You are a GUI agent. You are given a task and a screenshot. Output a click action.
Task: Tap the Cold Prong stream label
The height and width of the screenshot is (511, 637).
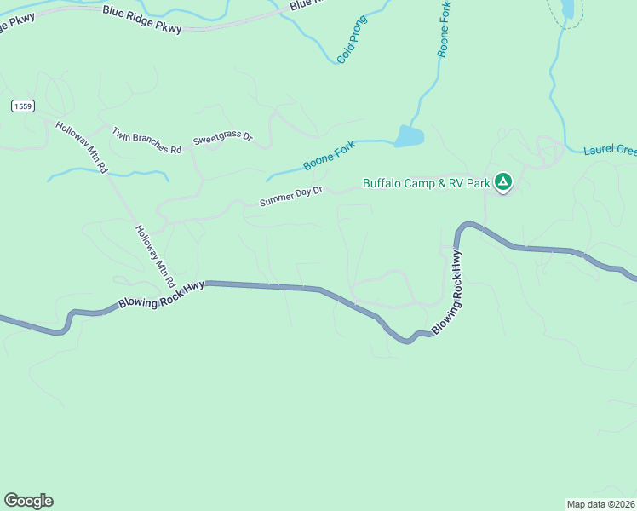(x=352, y=39)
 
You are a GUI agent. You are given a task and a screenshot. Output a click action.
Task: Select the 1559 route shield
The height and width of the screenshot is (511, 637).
(x=23, y=106)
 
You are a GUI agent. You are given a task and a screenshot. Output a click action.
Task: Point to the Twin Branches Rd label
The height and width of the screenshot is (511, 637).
(x=147, y=141)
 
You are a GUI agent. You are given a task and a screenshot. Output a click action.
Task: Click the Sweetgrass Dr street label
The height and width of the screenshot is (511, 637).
(x=223, y=137)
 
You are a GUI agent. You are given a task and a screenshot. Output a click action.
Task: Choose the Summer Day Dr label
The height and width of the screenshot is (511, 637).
(x=291, y=197)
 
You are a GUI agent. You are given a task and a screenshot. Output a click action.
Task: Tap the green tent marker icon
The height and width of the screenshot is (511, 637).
(x=504, y=181)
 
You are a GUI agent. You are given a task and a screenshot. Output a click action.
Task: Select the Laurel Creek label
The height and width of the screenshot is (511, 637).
(x=610, y=151)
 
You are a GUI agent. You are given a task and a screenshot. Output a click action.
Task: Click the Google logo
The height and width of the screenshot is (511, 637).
(x=28, y=501)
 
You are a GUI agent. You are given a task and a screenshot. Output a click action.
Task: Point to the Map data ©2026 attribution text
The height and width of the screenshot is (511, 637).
(x=600, y=503)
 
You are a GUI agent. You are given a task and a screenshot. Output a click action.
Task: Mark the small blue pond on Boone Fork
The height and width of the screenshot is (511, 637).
(x=409, y=136)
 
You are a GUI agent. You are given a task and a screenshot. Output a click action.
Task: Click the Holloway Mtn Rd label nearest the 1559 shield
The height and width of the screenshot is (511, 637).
(x=82, y=147)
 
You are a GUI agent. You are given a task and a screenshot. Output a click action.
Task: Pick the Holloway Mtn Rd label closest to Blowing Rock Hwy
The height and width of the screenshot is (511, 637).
(x=155, y=255)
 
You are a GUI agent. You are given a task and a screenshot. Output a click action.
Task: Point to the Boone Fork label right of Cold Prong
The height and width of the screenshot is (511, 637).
(x=445, y=29)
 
